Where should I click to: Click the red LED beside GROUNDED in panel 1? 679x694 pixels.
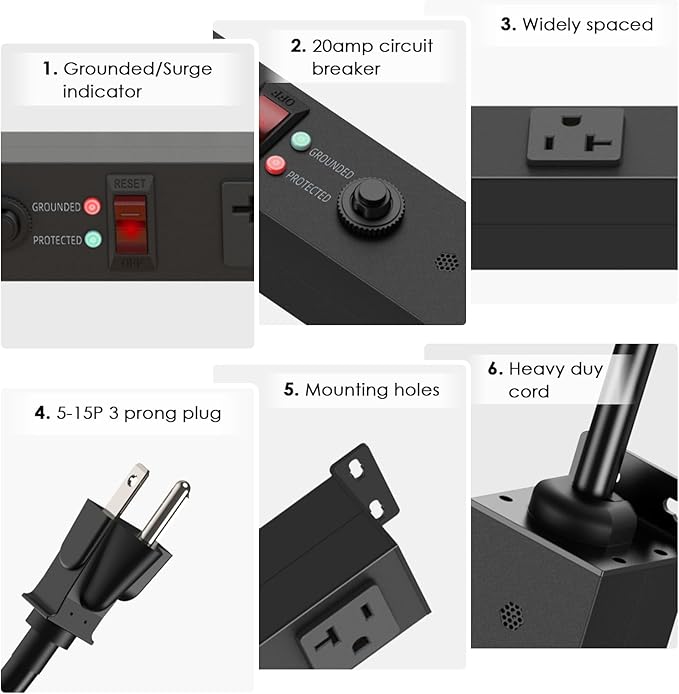coord(93,207)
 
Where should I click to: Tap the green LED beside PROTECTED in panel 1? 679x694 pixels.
coord(93,240)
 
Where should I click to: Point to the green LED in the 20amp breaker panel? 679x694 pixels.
coord(298,140)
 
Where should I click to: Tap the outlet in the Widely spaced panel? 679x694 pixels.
coord(575,138)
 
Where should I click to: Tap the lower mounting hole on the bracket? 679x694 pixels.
coord(376,509)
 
